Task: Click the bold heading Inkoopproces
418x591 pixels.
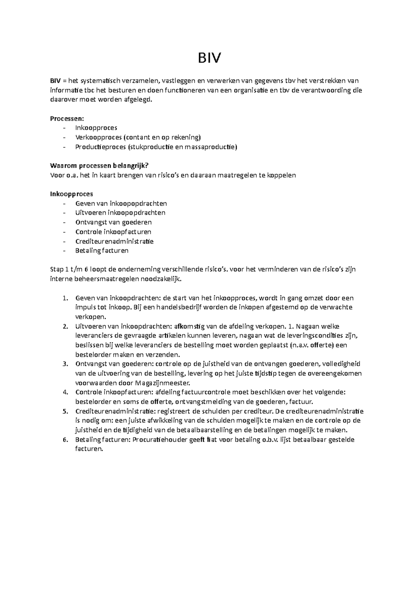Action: click(71, 194)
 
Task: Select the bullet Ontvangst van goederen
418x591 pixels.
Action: click(113, 222)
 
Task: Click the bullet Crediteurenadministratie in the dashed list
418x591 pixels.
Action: click(114, 241)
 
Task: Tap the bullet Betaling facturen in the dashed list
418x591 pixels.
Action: click(102, 251)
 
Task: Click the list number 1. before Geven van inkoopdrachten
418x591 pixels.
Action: click(64, 298)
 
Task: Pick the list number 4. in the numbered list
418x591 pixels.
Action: click(64, 392)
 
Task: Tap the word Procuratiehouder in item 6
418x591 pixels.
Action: click(158, 440)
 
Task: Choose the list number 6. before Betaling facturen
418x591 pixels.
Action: click(64, 440)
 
